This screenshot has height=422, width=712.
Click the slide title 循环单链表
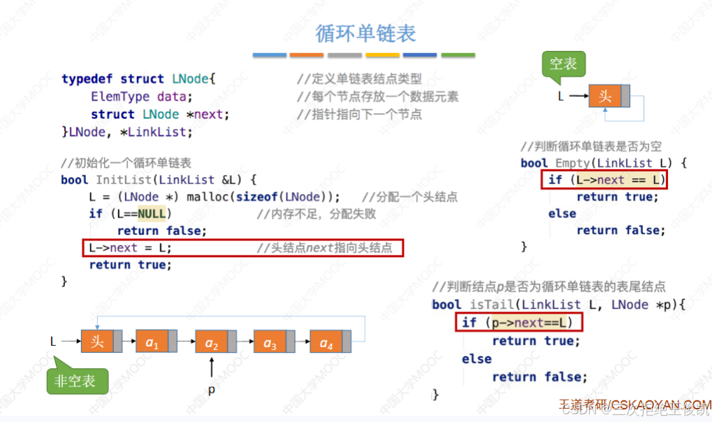[x=365, y=33]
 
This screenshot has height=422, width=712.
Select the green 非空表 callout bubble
[x=77, y=381]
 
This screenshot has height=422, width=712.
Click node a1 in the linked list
[x=152, y=342]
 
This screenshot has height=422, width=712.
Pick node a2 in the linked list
[x=211, y=342]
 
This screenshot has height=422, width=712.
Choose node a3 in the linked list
[x=270, y=342]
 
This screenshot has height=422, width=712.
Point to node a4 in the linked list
[x=326, y=342]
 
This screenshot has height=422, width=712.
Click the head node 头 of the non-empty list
[x=97, y=341]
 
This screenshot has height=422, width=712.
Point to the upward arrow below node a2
[x=211, y=367]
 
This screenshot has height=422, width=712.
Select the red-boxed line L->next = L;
[x=242, y=248]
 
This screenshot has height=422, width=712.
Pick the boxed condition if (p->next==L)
[x=518, y=323]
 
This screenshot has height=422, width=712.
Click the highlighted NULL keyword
[x=151, y=214]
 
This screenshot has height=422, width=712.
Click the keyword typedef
[x=87, y=79]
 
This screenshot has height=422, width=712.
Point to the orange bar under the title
[x=306, y=54]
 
